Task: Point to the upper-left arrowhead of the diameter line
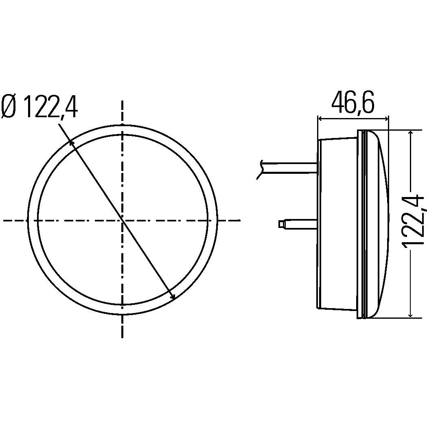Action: [x=71, y=142]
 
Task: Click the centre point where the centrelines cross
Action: [x=122, y=220]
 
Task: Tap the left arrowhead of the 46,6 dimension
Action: [x=320, y=119]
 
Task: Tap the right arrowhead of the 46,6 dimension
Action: [x=387, y=119]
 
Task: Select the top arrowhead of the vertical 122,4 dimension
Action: [x=411, y=133]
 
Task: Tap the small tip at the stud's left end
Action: [x=281, y=223]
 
